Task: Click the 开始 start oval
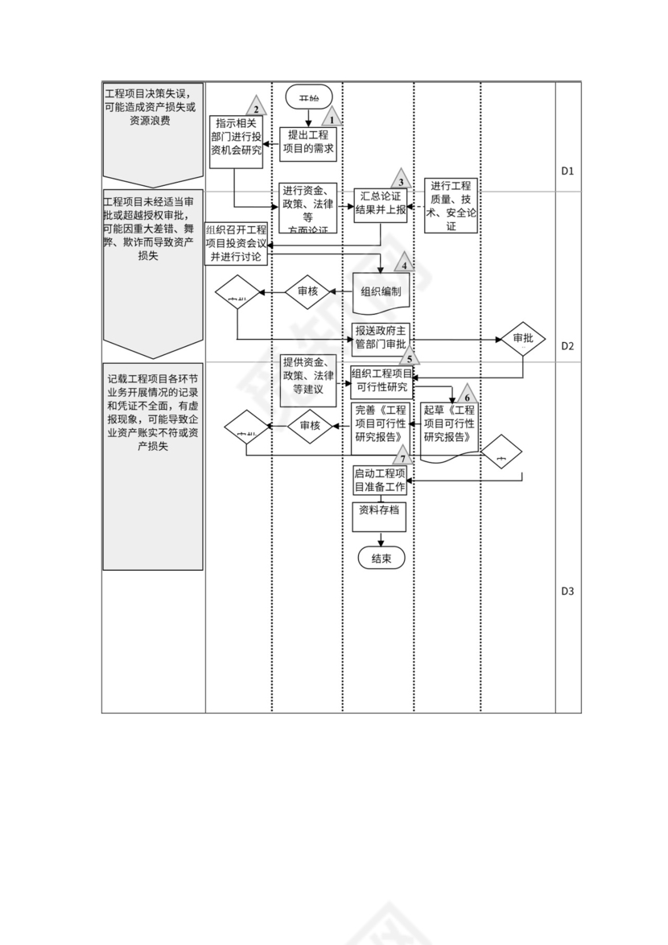[x=308, y=97]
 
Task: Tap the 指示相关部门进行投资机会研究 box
[x=237, y=142]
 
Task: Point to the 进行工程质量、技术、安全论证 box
[x=451, y=205]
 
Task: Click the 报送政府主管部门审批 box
[x=381, y=337]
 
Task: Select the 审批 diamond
[x=523, y=338]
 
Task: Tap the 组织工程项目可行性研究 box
[x=381, y=381]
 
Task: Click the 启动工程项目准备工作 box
[x=381, y=481]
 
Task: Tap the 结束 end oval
[x=381, y=559]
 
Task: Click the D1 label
[x=567, y=171]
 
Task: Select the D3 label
[x=567, y=591]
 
